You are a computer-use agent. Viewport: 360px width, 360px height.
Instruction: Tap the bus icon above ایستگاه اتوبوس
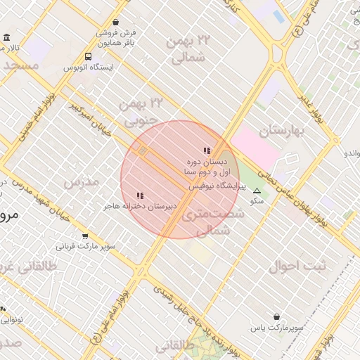pos(88,56)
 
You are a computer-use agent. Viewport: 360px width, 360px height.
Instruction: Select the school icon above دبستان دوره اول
pos(207,150)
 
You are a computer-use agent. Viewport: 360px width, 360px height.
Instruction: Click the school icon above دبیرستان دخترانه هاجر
pos(140,195)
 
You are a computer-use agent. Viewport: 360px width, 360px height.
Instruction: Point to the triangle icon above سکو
pos(257,191)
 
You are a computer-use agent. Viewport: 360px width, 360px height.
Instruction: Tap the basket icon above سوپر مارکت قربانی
pos(85,236)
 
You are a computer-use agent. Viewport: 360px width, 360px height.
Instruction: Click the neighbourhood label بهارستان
pos(284,130)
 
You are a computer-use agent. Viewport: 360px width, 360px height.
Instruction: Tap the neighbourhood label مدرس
pos(82,182)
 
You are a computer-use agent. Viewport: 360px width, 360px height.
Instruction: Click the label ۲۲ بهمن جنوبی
pos(141,112)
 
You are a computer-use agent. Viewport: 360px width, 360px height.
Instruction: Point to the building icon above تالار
pos(7,37)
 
